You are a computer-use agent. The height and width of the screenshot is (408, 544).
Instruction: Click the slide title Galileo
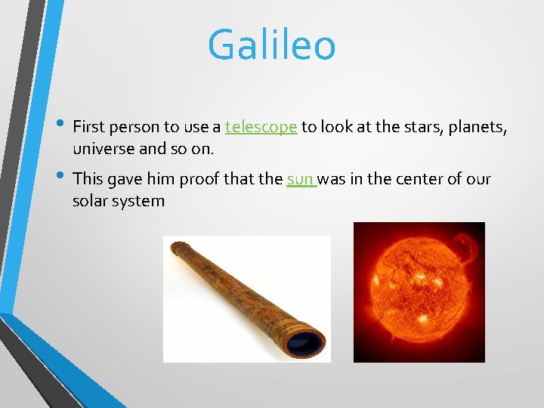tap(271, 45)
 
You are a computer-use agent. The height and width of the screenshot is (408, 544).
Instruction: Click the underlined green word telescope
tap(261, 127)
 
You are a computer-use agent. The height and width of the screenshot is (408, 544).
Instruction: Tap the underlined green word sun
tap(300, 180)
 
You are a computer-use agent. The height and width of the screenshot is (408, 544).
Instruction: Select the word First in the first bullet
tap(89, 127)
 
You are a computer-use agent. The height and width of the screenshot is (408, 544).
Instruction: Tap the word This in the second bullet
tap(88, 180)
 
